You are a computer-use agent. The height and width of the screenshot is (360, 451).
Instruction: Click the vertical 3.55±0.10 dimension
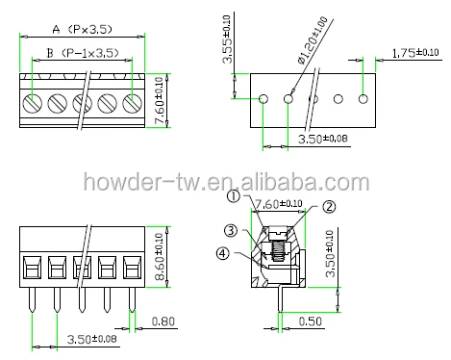pos(228,39)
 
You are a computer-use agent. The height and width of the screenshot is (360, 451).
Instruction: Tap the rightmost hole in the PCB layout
pos(363,98)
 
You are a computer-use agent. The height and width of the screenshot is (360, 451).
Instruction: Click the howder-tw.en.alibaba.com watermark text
pos(225,182)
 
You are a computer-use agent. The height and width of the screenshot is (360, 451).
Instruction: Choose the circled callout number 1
pos(233,197)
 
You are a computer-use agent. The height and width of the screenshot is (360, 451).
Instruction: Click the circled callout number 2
pos(328,205)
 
